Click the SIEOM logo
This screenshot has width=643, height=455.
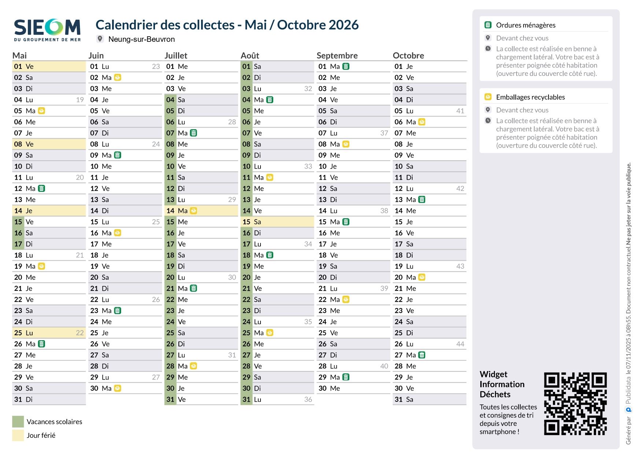coord(47,30)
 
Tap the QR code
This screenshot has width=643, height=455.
coord(575,404)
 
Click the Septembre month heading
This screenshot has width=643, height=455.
coord(337,55)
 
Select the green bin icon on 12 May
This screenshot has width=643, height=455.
coord(42,188)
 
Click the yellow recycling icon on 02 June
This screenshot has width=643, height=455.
coord(118,77)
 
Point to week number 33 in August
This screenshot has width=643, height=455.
coord(308,166)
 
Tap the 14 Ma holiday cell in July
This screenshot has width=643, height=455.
coord(202,211)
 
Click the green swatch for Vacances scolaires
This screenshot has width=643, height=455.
coord(18,422)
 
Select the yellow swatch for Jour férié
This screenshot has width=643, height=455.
coord(18,435)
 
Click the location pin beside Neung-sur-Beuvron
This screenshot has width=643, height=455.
coord(100,39)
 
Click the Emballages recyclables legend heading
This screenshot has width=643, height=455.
coord(530,97)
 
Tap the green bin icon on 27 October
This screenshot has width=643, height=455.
coord(422,355)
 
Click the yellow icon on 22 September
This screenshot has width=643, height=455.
coord(346,300)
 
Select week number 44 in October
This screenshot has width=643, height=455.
coord(460,344)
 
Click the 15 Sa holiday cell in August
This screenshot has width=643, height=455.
coord(277,222)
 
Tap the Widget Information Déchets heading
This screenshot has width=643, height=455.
coord(502,384)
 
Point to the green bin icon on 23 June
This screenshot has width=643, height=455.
coord(118,311)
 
